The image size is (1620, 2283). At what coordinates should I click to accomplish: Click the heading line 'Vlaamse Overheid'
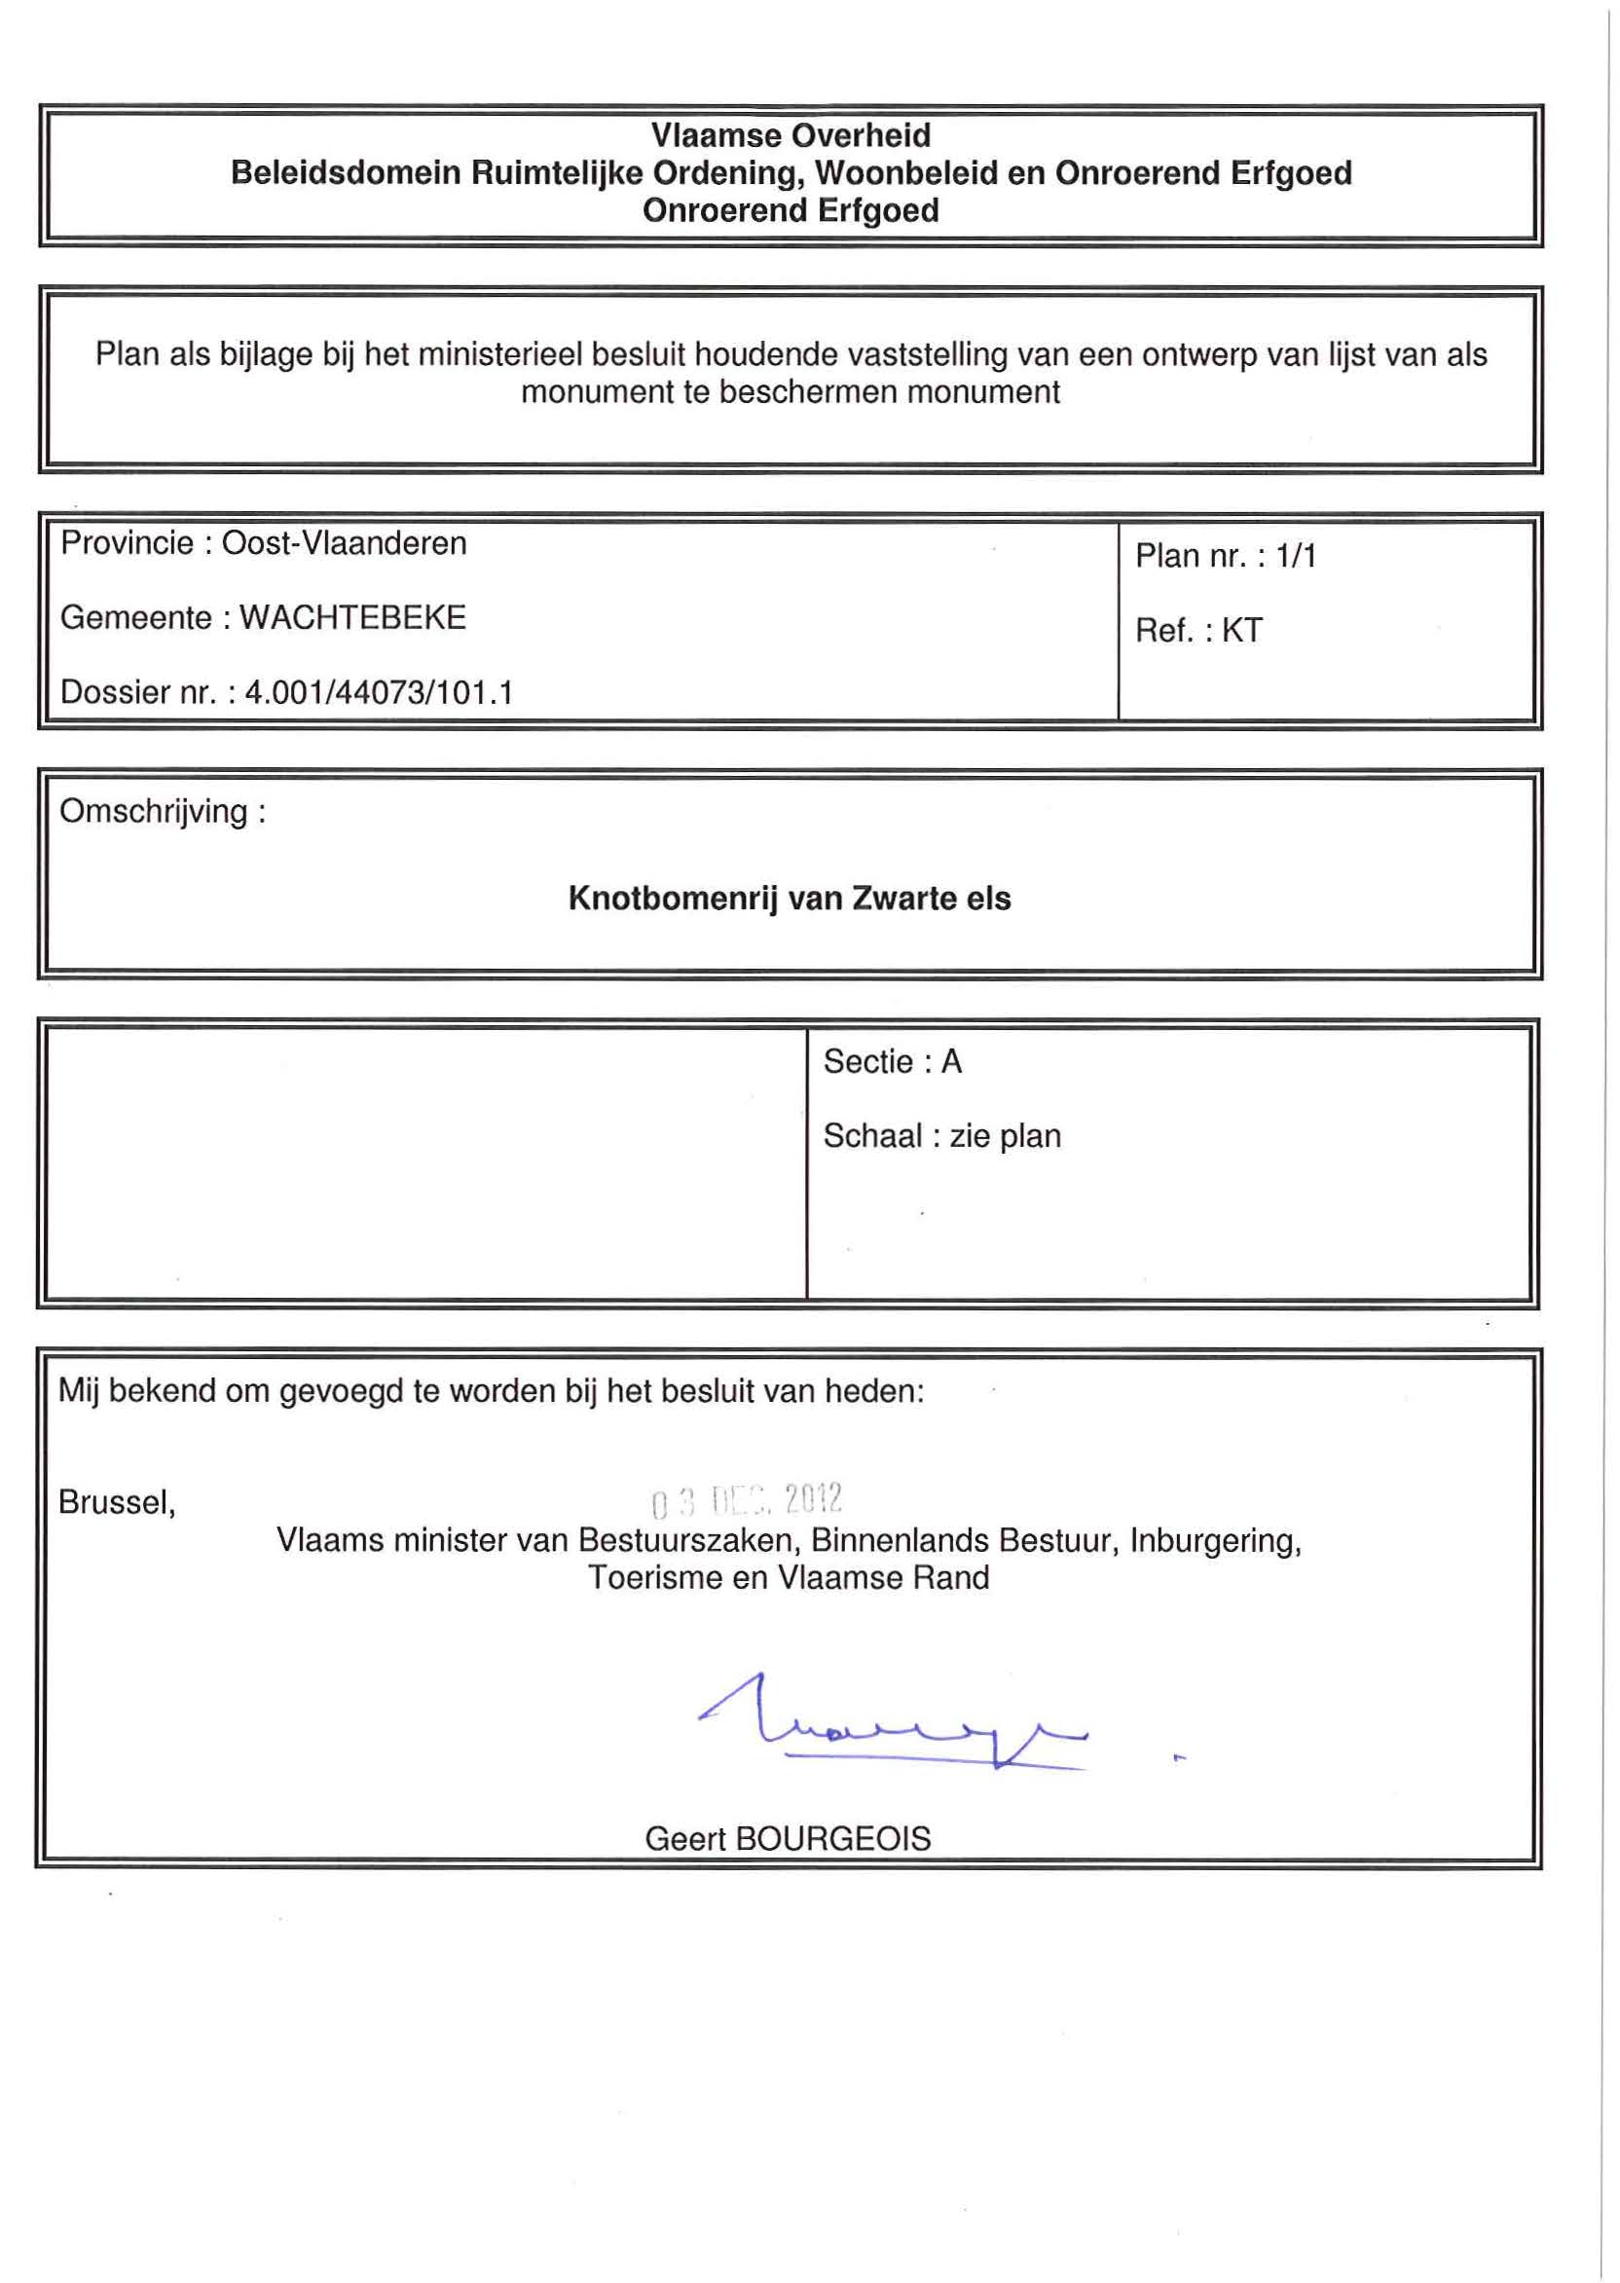click(791, 135)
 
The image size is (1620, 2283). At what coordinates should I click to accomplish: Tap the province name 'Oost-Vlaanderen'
click(343, 543)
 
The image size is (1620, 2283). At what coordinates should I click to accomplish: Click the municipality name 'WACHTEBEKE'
click(352, 618)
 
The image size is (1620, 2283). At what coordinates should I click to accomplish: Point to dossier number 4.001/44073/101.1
click(378, 693)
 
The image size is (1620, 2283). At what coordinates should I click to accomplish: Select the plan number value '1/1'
click(1296, 557)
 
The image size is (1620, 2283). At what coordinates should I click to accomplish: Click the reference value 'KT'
click(1242, 631)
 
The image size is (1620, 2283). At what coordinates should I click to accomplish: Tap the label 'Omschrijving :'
click(163, 812)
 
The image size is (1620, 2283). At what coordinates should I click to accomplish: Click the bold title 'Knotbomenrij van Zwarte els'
click(789, 899)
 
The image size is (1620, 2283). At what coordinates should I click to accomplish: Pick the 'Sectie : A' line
click(892, 1062)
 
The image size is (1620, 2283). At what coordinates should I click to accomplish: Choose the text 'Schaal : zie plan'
click(941, 1137)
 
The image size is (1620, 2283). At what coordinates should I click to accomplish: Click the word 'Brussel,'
click(117, 1502)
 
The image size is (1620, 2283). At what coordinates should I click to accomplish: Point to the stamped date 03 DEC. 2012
click(746, 1499)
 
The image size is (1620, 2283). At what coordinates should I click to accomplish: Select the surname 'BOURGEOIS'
click(832, 1839)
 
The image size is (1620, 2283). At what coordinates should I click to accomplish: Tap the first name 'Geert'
click(685, 1839)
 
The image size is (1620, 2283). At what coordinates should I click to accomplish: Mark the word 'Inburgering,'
click(1215, 1541)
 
